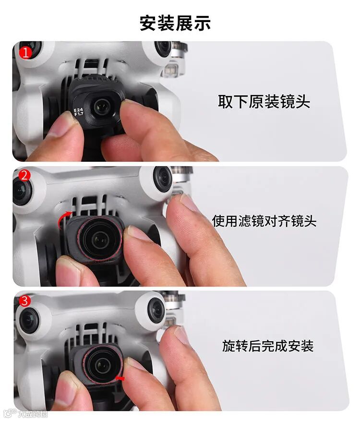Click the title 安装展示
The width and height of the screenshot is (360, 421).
coord(175,23)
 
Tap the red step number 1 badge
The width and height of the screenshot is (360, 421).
coord(25,53)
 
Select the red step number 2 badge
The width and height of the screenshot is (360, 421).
coord(24,176)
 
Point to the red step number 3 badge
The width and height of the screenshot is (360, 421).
coord(24,301)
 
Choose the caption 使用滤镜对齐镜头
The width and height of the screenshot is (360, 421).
coord(264,221)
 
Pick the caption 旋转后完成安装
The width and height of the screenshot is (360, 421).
coord(268,346)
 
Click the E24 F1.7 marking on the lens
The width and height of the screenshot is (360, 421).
coord(79,112)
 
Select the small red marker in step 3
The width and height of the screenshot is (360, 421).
coord(120,378)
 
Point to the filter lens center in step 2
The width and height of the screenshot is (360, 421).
coord(100,240)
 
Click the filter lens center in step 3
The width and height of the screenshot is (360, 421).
coord(103,365)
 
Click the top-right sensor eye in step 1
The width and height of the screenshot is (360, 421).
coord(163,48)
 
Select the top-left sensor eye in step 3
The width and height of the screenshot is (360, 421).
coord(28,320)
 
